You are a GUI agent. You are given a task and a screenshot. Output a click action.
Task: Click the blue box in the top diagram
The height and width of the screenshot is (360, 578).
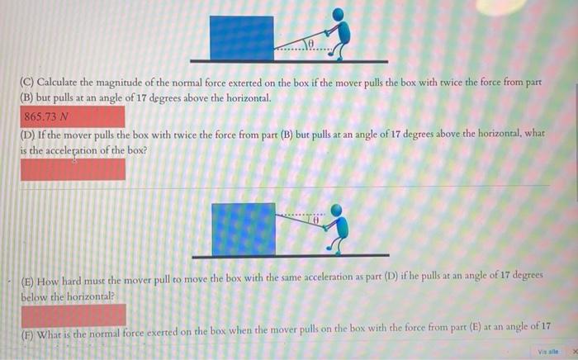click(241, 37)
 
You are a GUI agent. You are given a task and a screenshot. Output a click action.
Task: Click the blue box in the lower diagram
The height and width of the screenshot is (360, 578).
click(244, 228)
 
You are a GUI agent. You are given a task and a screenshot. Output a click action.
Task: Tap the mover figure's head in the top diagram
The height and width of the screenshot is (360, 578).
click(338, 14)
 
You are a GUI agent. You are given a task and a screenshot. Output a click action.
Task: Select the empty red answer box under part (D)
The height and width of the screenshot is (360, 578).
click(73, 169)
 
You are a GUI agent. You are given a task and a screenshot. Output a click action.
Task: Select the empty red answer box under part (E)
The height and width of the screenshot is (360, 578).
click(73, 314)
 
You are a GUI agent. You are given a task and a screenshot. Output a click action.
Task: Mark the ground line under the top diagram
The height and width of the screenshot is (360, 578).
click(289, 60)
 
